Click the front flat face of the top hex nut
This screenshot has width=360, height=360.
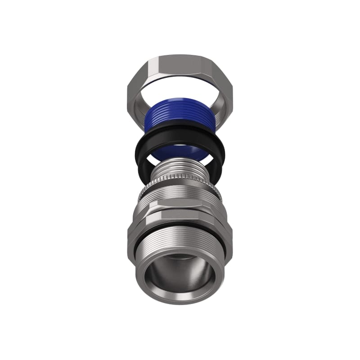click(180, 67)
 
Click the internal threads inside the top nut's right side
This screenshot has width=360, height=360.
click(218, 110)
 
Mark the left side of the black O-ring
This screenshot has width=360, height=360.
click(140, 155)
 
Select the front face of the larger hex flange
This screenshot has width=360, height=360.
click(180, 220)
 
